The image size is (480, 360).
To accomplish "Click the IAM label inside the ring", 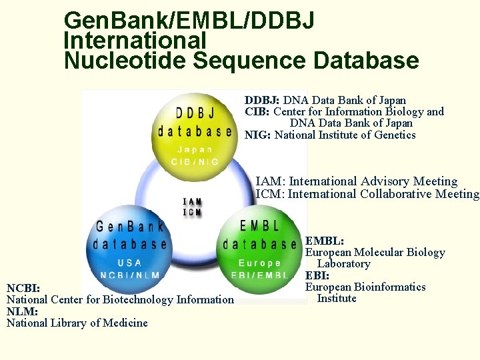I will tap(192, 201).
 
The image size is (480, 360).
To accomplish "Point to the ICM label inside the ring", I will tap(192, 212).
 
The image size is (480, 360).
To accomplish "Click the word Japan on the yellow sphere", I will tap(195, 149).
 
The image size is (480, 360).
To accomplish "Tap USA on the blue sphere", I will tap(129, 263).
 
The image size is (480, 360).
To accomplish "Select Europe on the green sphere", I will tap(259, 263).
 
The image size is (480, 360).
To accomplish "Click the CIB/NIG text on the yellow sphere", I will tap(195, 162).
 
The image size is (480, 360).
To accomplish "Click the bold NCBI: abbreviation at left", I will tap(23, 288).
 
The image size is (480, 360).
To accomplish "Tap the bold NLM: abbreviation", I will tap(21, 311).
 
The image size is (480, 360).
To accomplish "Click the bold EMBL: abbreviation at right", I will tap(325, 241).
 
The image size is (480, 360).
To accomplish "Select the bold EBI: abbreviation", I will tap(318, 275).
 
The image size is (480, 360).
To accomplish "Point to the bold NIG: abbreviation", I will tap(257, 135).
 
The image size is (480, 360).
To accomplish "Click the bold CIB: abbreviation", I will tap(257, 111).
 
